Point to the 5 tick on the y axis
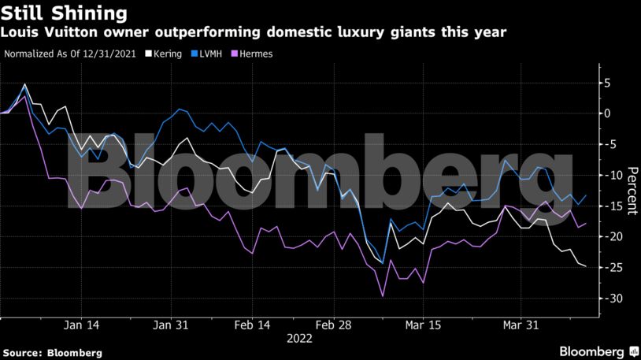click(x=607, y=83)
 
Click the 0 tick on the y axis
click(x=607, y=113)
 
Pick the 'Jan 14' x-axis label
click(x=81, y=325)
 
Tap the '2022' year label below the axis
click(x=299, y=339)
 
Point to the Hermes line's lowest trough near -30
click(x=383, y=296)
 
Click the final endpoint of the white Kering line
click(x=586, y=266)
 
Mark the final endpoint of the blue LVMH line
click(x=586, y=195)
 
